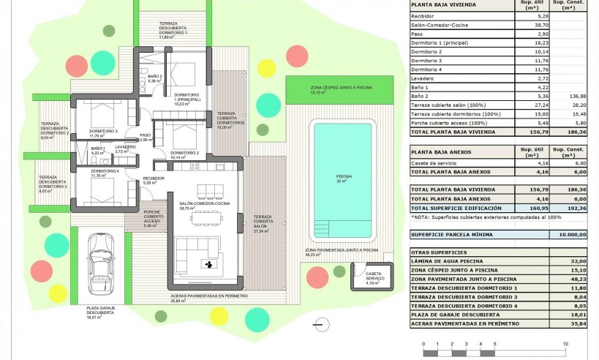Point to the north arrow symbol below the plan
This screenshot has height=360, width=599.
[x=317, y=323]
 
